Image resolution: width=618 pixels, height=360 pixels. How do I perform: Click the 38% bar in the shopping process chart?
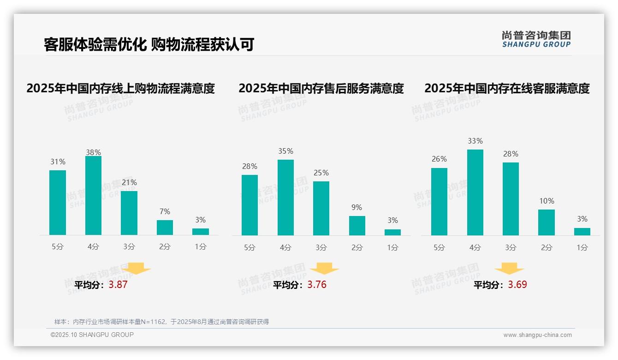click(93, 196)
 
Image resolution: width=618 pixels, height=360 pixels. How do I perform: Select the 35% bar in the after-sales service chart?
click(285, 198)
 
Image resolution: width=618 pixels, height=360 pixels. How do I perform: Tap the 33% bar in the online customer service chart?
click(475, 192)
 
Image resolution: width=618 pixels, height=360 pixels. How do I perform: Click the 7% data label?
click(165, 211)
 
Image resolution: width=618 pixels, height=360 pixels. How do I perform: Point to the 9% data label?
click(357, 208)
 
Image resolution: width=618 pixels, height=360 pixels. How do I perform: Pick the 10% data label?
click(547, 201)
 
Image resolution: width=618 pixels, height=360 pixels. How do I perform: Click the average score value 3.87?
click(118, 285)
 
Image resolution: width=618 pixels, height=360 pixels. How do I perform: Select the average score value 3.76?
click(317, 285)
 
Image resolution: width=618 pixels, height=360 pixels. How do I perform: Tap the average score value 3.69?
click(517, 285)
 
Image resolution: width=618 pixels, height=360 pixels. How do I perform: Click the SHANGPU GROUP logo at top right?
click(536, 39)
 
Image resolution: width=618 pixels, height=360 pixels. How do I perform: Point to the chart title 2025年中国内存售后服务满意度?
click(321, 88)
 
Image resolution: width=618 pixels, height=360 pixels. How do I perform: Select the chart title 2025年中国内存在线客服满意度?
click(507, 88)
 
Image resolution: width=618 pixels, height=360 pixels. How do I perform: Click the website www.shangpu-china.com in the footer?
click(537, 335)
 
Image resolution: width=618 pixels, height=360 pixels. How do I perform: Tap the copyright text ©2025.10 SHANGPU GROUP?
click(92, 335)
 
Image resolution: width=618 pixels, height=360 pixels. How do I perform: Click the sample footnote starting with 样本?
click(161, 322)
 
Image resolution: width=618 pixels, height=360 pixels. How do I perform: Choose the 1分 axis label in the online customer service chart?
click(582, 247)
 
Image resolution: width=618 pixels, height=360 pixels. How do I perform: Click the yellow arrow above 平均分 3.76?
click(324, 269)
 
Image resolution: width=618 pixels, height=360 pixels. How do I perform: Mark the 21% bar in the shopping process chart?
click(129, 213)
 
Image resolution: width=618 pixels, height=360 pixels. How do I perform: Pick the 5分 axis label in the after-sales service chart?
click(250, 247)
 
